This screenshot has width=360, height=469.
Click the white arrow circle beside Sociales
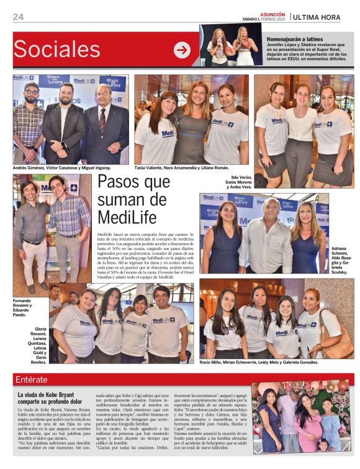182,50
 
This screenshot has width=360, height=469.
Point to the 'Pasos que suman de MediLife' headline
133,199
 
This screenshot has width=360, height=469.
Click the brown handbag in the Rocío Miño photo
338,344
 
